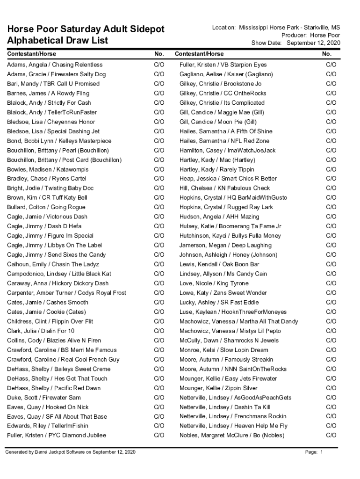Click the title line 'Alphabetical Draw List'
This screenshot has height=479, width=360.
pos(58,41)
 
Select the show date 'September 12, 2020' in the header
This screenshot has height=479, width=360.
pos(313,43)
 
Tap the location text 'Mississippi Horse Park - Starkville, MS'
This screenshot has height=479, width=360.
pos(289,28)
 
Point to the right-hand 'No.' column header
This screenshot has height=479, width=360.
pos(327,54)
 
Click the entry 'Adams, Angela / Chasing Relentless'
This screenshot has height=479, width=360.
pos(55,65)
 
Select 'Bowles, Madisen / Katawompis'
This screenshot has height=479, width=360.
pos(48,169)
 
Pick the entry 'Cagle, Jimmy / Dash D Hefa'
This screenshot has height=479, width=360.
pos(44,226)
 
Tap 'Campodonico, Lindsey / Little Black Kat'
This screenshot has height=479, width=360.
pos(59,274)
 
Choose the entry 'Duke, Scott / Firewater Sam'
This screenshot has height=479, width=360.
pos(44,398)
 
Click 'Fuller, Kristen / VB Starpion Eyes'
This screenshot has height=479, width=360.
pos(223,65)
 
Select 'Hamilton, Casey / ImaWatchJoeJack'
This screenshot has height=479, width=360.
pos(228,150)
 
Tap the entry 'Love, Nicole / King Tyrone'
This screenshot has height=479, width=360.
pos(214,283)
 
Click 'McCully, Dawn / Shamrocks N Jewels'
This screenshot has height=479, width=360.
pos(229,341)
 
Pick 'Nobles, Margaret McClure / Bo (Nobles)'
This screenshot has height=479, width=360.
pos(232,435)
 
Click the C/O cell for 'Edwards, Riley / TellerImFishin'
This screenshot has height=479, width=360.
pos(159,426)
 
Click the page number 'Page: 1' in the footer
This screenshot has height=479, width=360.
pos(314,452)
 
